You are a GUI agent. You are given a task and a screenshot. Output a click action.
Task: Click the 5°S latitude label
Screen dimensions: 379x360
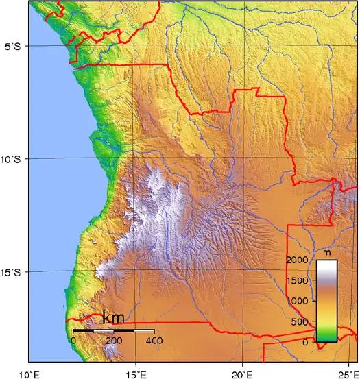tap(13, 47)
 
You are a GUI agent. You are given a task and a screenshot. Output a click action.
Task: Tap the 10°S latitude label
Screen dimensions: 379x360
tap(13, 159)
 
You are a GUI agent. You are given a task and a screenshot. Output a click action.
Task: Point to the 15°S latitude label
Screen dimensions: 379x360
tap(13, 273)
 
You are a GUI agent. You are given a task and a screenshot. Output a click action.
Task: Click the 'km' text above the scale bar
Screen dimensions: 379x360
tap(113, 318)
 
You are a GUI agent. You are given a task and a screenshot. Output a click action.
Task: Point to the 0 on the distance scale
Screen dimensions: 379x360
tap(73, 340)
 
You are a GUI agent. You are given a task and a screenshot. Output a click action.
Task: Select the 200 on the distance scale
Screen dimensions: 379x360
tap(114, 340)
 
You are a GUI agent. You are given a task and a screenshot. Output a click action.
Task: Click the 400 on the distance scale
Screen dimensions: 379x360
tap(154, 340)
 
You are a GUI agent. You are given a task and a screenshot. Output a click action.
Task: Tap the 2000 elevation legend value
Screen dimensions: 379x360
tap(299, 260)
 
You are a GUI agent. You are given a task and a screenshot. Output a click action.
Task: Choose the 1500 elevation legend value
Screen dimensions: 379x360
tap(299, 280)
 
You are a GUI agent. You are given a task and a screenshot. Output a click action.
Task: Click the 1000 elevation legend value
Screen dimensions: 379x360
tap(299, 301)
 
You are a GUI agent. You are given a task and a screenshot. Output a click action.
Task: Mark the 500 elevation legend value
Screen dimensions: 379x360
tap(302, 321)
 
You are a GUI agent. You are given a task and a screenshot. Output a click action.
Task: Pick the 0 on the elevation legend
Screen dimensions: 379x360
tap(307, 342)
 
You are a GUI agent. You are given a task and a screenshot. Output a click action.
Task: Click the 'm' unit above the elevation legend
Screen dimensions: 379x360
tap(326, 254)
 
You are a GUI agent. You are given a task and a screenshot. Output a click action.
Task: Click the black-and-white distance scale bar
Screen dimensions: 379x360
tap(114, 330)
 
